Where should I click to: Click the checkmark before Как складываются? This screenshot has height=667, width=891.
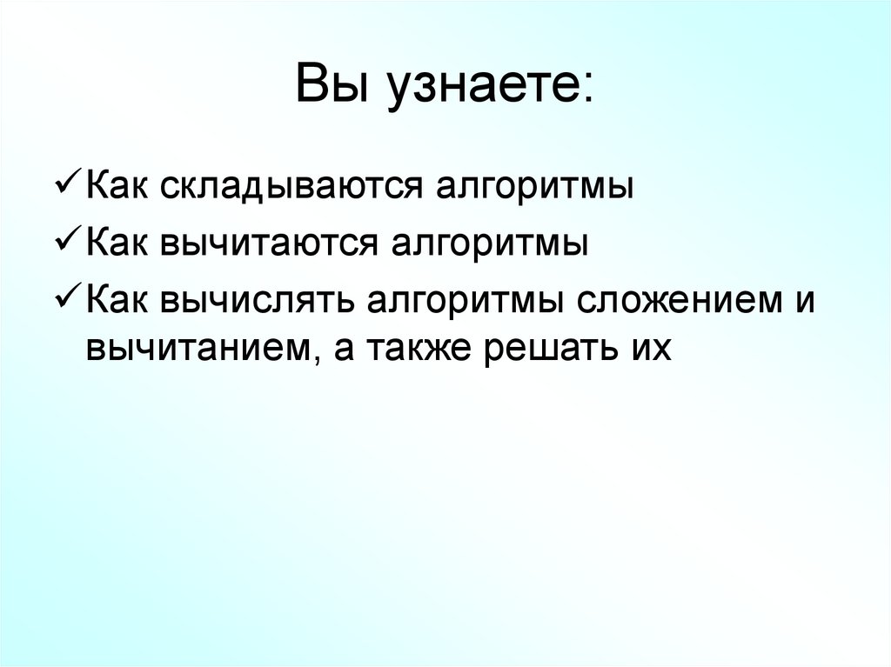68,186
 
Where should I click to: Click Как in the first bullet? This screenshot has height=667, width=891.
117,188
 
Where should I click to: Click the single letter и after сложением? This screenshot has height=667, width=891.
804,302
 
